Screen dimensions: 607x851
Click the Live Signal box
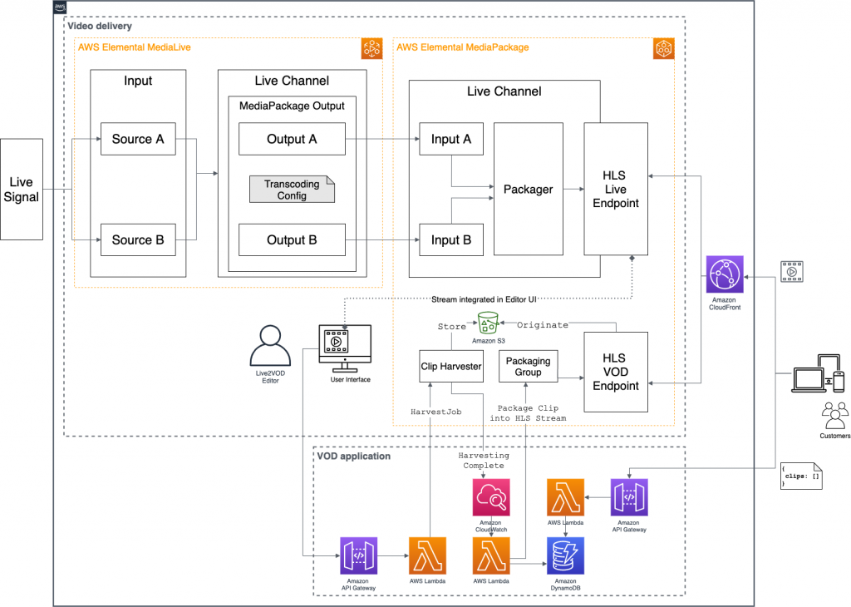(22, 190)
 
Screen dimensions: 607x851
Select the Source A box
(138, 139)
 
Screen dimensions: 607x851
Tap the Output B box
(292, 240)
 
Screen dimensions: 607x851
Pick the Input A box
(451, 139)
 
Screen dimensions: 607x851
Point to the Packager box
(528, 190)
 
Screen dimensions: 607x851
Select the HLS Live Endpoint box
(616, 189)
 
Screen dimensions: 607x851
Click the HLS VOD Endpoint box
(616, 372)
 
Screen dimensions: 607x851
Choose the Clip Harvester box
(451, 366)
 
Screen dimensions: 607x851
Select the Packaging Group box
(528, 366)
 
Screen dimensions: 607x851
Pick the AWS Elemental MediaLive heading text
(134, 47)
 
